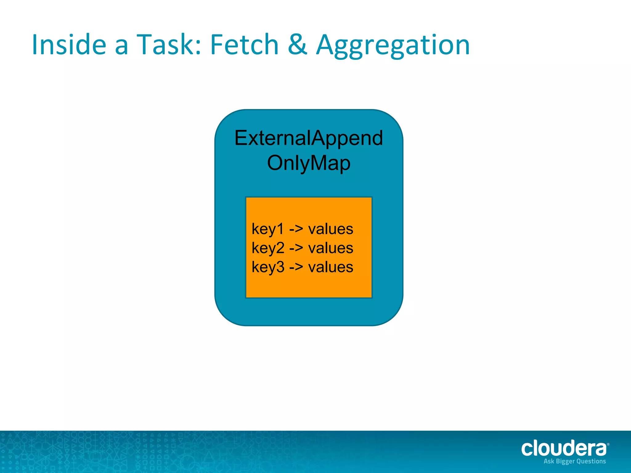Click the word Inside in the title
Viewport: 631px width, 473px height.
[x=69, y=45]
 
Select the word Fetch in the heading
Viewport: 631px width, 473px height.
[x=244, y=45]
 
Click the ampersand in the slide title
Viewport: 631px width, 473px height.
[x=297, y=45]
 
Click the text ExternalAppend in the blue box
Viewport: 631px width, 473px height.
[x=309, y=138]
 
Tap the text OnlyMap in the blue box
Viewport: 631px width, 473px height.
[x=309, y=163]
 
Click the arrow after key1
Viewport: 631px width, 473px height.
[x=296, y=229]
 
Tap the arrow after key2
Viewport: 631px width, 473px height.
[x=296, y=249]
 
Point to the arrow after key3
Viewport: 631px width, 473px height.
[x=296, y=267]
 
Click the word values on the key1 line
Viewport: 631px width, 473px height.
[x=331, y=229]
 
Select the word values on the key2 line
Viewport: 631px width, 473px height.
[x=331, y=249]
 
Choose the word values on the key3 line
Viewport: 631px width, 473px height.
[x=331, y=267]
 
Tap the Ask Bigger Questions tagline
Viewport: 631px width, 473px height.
[x=575, y=461]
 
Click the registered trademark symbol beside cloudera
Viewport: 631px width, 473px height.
[x=608, y=444]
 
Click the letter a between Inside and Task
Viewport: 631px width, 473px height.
[x=121, y=47]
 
